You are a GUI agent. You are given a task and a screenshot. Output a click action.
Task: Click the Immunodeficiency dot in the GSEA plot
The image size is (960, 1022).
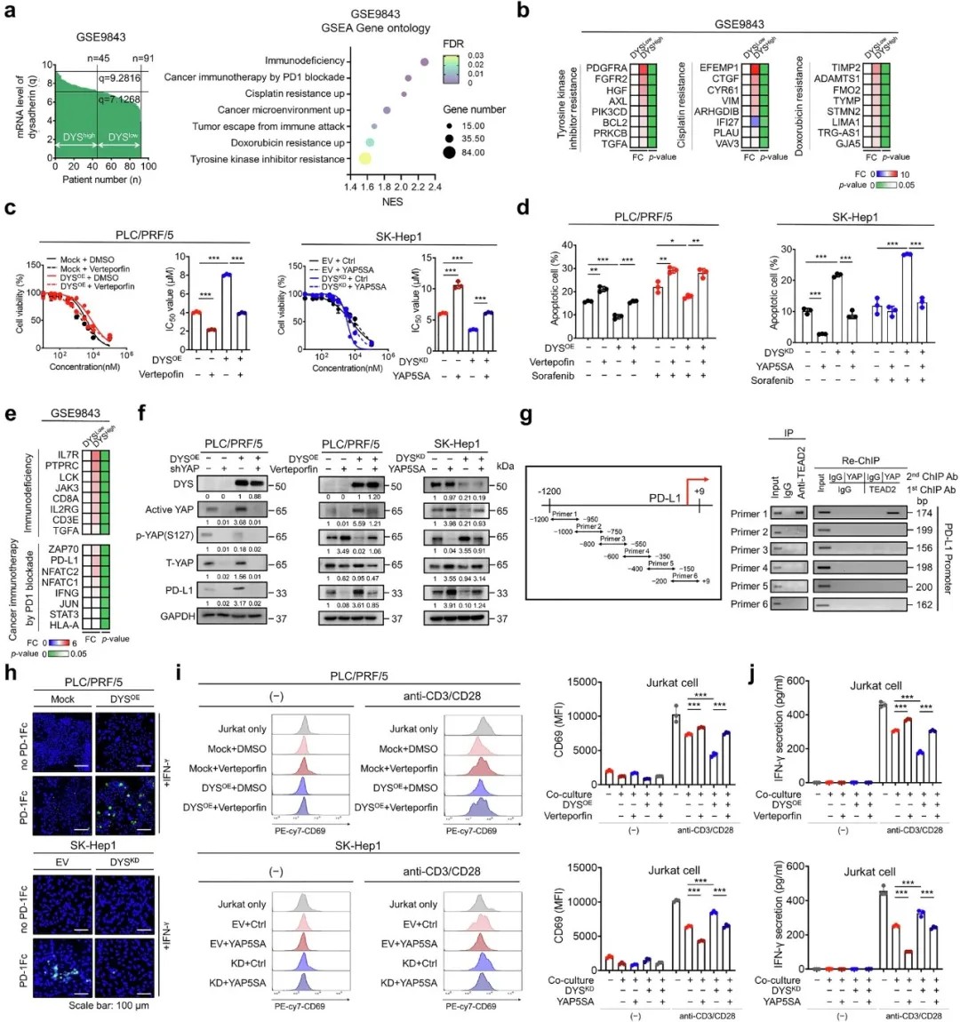(424, 61)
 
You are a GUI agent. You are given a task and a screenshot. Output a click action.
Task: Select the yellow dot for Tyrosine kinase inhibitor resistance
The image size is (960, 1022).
(364, 158)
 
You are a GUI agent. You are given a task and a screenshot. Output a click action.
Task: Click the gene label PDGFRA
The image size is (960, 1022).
(606, 68)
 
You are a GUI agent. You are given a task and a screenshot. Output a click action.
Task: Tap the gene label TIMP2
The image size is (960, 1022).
(845, 68)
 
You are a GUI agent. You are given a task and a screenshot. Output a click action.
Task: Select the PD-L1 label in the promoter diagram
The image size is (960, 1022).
(665, 498)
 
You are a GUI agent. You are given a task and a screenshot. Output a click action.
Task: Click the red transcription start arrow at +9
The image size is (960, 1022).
(692, 488)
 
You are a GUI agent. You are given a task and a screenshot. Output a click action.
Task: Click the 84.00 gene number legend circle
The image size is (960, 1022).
(449, 153)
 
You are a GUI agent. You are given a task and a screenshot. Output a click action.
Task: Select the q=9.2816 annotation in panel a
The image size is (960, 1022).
(119, 78)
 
